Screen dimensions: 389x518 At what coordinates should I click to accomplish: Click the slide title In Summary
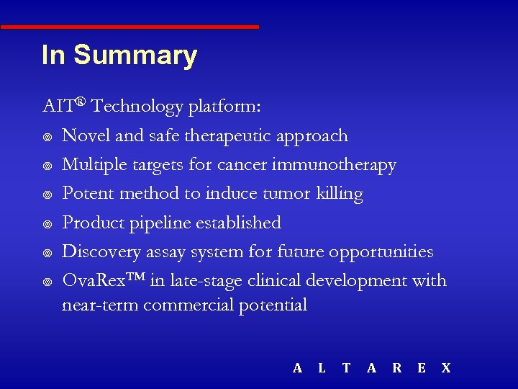(119, 55)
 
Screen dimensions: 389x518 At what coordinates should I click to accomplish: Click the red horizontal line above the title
(129, 27)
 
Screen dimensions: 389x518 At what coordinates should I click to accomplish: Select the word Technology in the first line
(137, 107)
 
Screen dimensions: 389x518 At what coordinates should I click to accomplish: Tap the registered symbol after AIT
(81, 102)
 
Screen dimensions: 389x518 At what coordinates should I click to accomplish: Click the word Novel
(83, 136)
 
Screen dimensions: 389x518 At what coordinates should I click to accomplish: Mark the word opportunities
(381, 252)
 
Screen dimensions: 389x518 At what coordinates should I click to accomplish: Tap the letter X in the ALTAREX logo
(445, 368)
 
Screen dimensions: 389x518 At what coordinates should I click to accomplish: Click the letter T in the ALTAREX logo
(346, 368)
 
